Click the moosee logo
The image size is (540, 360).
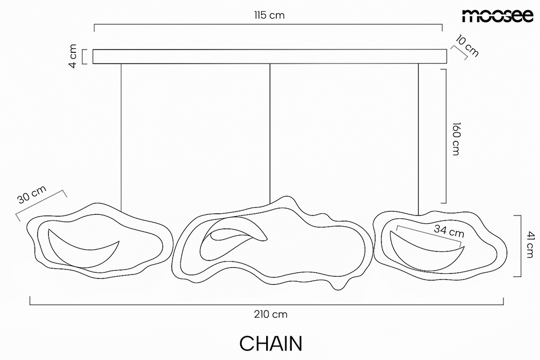tap(497, 16)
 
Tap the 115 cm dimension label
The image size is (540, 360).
tap(269, 15)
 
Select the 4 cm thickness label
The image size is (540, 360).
tap(73, 56)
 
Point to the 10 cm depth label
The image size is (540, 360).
tap(467, 46)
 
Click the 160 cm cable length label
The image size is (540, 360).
tap(456, 139)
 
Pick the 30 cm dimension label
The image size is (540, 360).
tap(31, 195)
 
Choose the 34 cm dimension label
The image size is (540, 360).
tap(449, 231)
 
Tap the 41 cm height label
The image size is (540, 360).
tap(530, 245)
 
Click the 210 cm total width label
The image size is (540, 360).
tap(271, 314)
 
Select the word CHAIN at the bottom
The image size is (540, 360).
tap(271, 344)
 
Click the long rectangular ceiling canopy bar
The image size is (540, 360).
tap(270, 56)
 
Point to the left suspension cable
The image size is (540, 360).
tap(121, 138)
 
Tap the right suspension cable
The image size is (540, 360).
tap(418, 139)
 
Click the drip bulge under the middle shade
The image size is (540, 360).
tap(339, 286)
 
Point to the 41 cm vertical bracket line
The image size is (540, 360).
tap(520, 246)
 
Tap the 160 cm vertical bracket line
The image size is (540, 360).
tap(446, 136)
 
